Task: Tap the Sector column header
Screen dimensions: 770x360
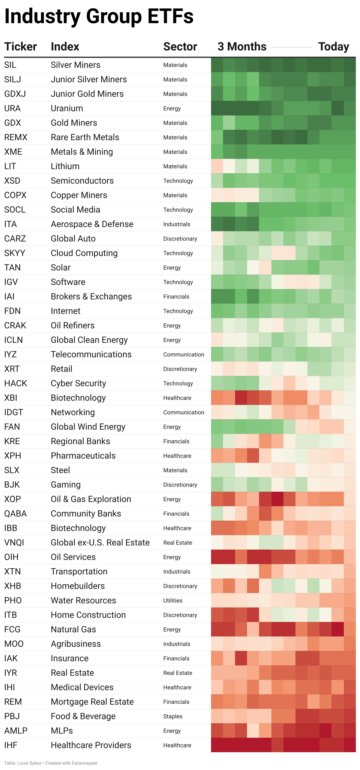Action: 180,47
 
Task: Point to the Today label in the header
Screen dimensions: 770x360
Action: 333,47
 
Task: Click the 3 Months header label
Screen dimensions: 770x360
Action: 242,47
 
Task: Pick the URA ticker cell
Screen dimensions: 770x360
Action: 12,108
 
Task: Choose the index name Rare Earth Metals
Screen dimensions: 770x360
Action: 85,137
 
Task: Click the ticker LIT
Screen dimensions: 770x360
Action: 10,166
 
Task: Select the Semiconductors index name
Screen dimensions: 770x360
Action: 82,181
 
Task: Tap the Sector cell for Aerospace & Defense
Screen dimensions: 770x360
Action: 176,224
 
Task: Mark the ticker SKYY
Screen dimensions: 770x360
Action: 15,253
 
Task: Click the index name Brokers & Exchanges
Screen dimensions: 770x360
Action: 91,297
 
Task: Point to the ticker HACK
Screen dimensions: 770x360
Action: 16,383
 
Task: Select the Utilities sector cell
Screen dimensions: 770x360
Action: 173,600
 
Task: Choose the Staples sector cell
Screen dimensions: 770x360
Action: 173,716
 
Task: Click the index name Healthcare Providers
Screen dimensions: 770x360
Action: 91,745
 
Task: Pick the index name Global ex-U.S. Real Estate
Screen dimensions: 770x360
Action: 100,543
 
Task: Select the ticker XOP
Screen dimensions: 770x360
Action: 13,499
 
